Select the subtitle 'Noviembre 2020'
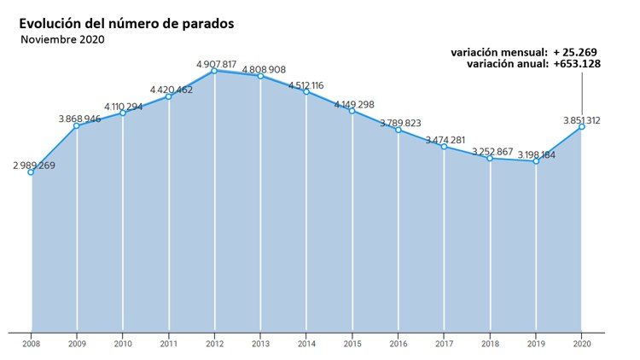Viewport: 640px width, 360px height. [62, 39]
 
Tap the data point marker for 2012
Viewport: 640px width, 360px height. [215, 71]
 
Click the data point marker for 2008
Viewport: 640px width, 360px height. [32, 172]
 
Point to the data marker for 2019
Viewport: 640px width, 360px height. [536, 160]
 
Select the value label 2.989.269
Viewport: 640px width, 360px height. [34, 165]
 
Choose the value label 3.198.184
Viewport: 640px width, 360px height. [536, 154]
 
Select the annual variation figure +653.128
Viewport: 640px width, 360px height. [578, 64]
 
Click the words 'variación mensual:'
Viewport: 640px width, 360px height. [499, 52]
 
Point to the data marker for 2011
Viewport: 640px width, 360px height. [169, 96]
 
